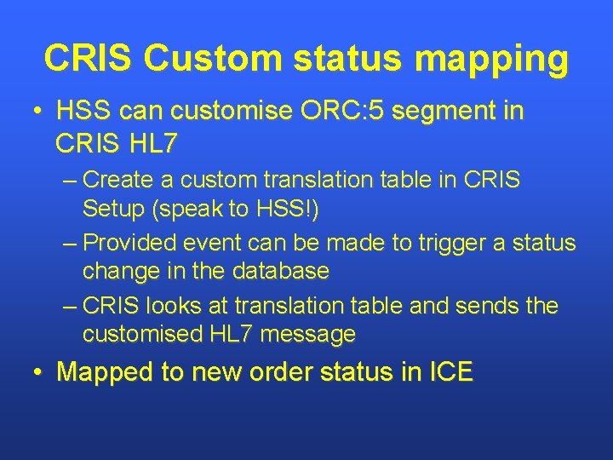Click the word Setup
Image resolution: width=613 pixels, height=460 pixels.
[x=115, y=210]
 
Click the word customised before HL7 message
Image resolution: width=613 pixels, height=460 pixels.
[x=143, y=335]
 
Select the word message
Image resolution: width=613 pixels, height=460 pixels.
[x=308, y=335]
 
